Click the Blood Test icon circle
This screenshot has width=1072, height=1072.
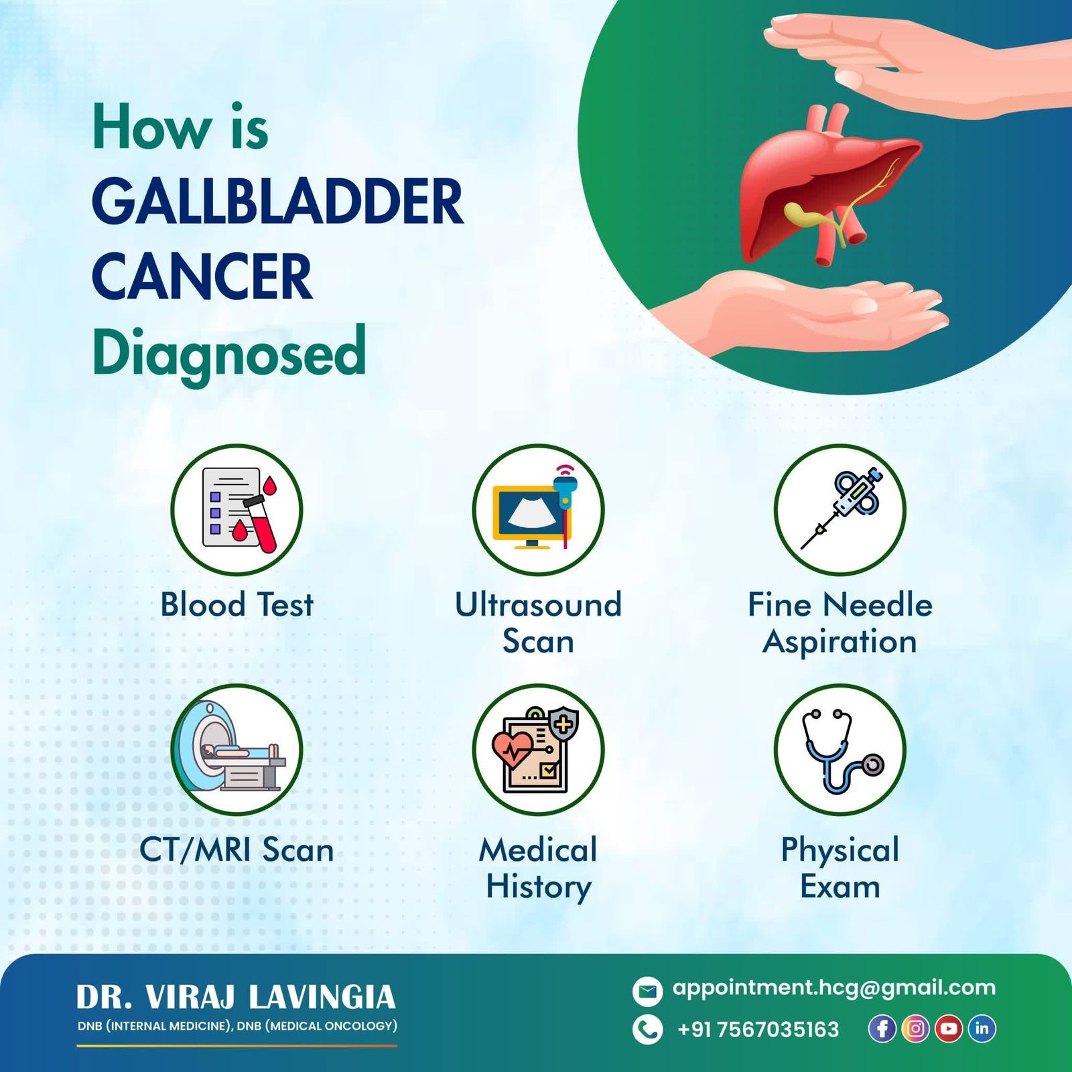237,509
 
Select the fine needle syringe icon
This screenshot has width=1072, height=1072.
842,508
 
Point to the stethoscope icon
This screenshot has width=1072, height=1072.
842,750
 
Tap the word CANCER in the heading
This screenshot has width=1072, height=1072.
202,276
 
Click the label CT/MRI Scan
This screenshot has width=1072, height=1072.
237,850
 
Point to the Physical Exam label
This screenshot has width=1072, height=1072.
840,868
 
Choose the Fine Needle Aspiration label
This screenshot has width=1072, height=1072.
840,623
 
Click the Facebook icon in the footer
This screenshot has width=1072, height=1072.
882,1028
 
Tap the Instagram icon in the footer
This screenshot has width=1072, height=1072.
915,1028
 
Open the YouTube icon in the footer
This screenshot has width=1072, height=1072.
949,1028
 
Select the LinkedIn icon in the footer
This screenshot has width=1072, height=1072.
982,1028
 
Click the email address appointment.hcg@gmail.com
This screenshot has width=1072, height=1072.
834,988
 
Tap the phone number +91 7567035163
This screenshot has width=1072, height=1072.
758,1029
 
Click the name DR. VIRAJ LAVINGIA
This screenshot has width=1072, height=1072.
236,997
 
